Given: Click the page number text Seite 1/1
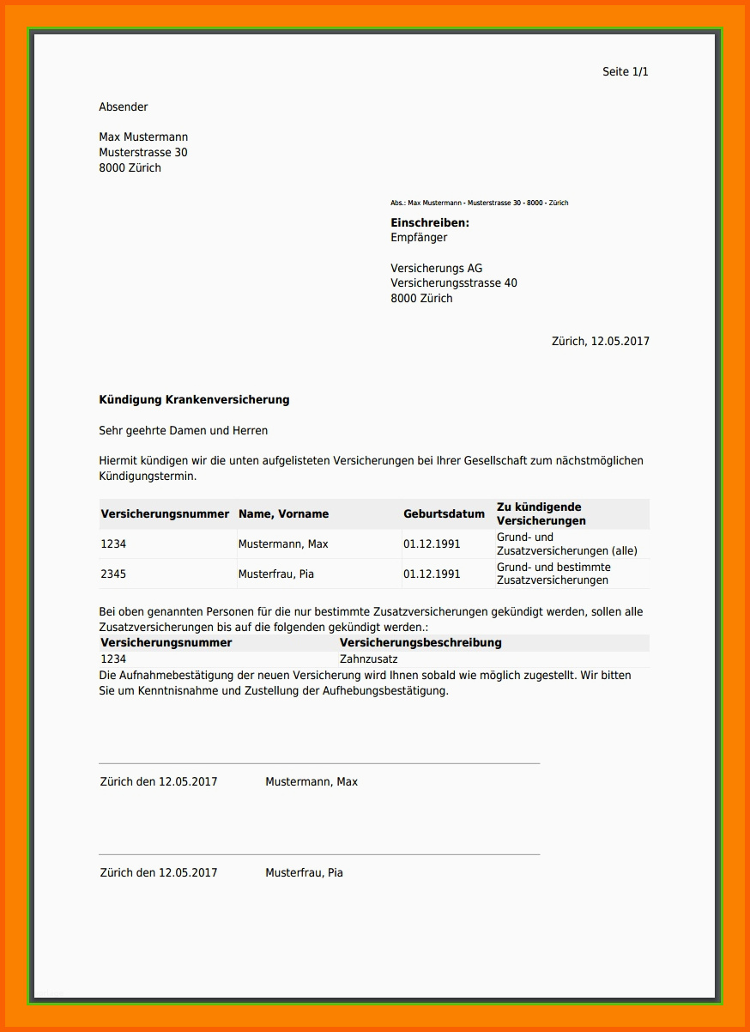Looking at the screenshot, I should (625, 72).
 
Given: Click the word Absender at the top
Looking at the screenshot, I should (124, 107).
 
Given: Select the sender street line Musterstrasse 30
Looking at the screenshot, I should (143, 153).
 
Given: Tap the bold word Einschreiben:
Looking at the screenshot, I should (430, 223).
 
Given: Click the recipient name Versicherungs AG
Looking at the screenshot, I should (436, 269).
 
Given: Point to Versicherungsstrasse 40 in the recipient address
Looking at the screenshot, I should (454, 283).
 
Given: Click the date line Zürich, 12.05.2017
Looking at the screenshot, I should (600, 342).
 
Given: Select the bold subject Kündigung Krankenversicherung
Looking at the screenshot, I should (194, 400).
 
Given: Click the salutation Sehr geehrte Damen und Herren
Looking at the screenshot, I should (184, 431).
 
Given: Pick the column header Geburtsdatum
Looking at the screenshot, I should (444, 514).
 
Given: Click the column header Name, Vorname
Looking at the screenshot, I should (283, 514).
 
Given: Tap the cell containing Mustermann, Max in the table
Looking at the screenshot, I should (283, 544).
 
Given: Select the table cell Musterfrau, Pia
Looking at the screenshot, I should (276, 574).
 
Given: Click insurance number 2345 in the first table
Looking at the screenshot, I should (113, 574).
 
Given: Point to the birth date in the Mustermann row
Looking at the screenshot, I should (432, 544).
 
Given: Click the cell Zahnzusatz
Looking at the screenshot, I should (369, 659).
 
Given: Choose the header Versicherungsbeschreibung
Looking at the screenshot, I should (420, 643).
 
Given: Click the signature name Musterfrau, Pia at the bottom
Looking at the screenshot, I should (304, 873).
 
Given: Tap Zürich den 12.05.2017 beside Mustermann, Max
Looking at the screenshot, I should (159, 782).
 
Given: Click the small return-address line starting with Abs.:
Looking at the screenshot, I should (479, 203).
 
